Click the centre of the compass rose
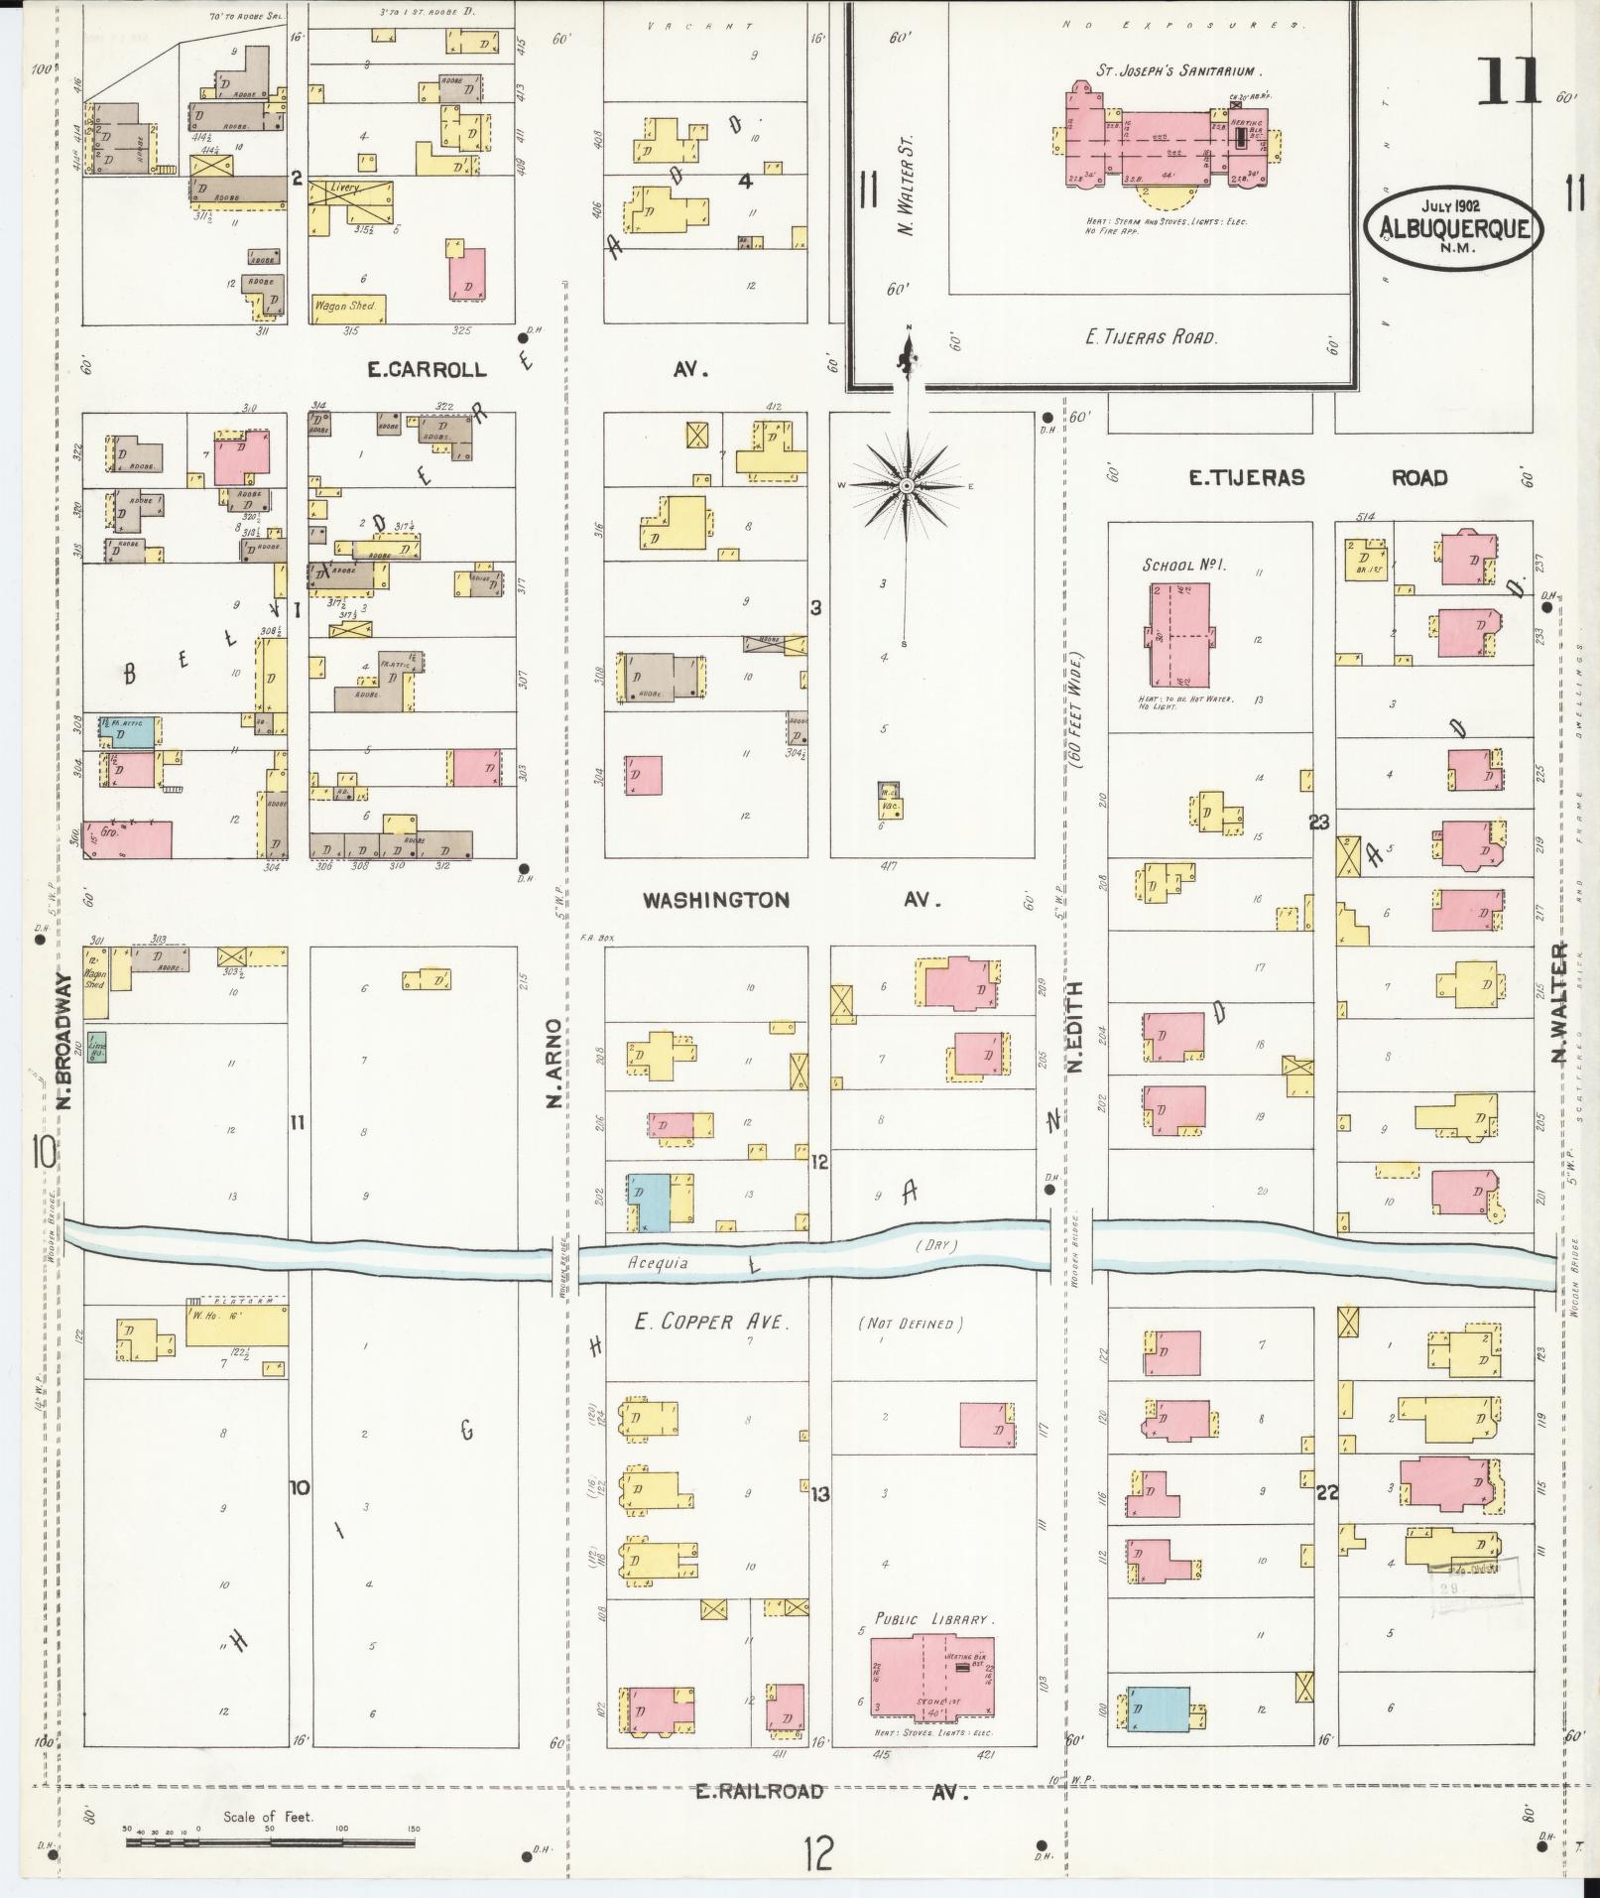(x=906, y=486)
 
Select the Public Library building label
(x=930, y=1619)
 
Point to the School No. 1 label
(x=1184, y=565)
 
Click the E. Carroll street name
(x=427, y=370)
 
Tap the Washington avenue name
(x=716, y=900)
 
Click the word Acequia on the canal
(x=658, y=1263)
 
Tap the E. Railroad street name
(x=759, y=1791)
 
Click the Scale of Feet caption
(x=268, y=1817)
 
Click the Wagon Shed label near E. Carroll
(x=346, y=307)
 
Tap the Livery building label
(x=345, y=187)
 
